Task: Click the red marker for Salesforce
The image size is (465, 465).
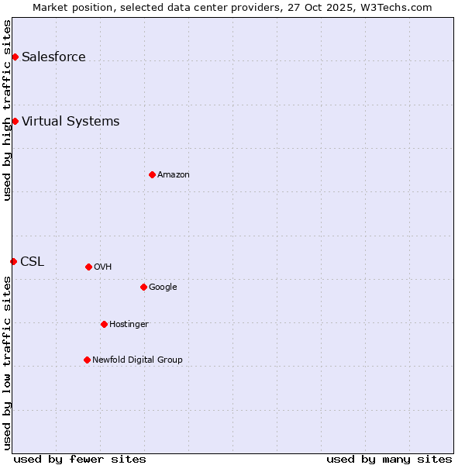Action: tap(15, 57)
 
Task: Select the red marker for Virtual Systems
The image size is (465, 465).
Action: tap(15, 121)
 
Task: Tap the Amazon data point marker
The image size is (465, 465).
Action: tap(152, 174)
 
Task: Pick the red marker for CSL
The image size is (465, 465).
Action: tap(13, 261)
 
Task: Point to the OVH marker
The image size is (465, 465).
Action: tap(88, 267)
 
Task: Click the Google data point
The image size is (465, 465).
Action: tap(143, 287)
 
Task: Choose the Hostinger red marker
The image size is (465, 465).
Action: tap(104, 324)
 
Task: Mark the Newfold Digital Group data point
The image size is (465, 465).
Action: tap(87, 360)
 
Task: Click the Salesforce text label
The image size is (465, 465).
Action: tap(53, 57)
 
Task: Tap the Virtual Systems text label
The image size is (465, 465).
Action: tap(71, 121)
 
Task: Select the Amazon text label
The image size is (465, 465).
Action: tap(174, 174)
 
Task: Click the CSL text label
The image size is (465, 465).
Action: tap(33, 261)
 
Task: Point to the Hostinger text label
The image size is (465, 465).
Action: tap(129, 324)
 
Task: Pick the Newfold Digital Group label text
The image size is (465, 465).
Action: tap(137, 360)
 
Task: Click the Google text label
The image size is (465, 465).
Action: tap(163, 287)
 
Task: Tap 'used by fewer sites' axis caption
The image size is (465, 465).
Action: tap(80, 459)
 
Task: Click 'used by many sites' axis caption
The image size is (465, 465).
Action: tap(389, 459)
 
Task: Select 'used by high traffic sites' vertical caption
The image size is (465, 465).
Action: tap(7, 110)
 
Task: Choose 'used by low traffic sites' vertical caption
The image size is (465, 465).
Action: tap(7, 363)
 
